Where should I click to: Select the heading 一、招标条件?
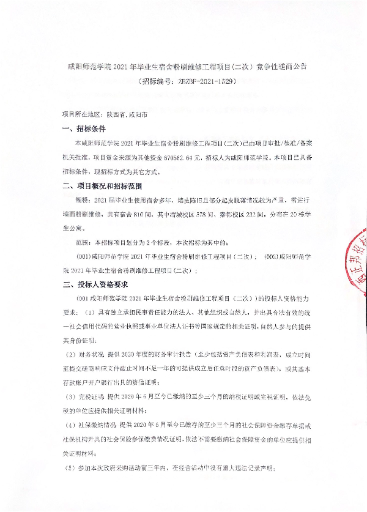coord(84,129)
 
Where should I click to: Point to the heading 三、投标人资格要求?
coord(95,284)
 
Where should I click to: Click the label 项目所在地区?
coord(82,114)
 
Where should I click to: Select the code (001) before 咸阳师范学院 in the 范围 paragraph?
coord(83,257)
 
